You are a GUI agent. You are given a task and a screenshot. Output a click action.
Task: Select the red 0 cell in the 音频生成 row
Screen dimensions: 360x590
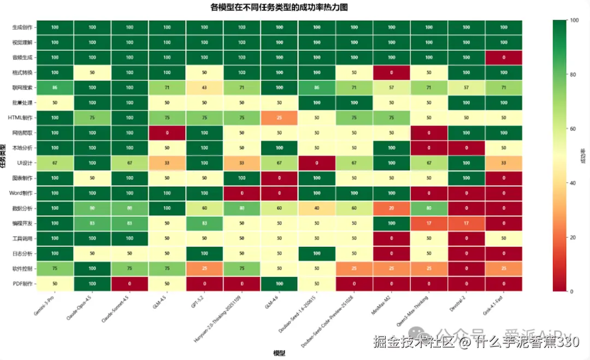click(503, 57)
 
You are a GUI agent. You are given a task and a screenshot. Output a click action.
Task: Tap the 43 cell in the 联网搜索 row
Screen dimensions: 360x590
click(204, 87)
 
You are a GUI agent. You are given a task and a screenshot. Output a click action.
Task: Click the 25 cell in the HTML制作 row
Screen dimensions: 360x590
click(279, 117)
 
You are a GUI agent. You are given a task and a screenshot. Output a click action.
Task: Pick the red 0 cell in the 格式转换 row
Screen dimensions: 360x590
click(391, 72)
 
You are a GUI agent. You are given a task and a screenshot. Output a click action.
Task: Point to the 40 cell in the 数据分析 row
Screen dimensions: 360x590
click(316, 208)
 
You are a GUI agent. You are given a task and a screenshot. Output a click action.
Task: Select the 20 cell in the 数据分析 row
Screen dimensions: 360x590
click(391, 208)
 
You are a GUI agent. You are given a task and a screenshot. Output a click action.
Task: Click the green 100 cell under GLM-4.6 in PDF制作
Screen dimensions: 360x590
click(279, 284)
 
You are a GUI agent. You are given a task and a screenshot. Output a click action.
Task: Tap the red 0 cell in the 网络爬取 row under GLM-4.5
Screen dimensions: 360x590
click(167, 133)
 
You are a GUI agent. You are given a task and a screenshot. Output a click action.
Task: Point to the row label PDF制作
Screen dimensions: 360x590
click(22, 284)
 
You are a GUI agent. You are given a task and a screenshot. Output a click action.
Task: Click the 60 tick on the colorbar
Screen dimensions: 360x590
click(574, 128)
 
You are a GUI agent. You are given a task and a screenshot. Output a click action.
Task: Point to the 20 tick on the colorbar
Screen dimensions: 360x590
click(574, 237)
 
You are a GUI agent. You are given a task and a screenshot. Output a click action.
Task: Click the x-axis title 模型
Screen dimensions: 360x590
click(279, 353)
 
